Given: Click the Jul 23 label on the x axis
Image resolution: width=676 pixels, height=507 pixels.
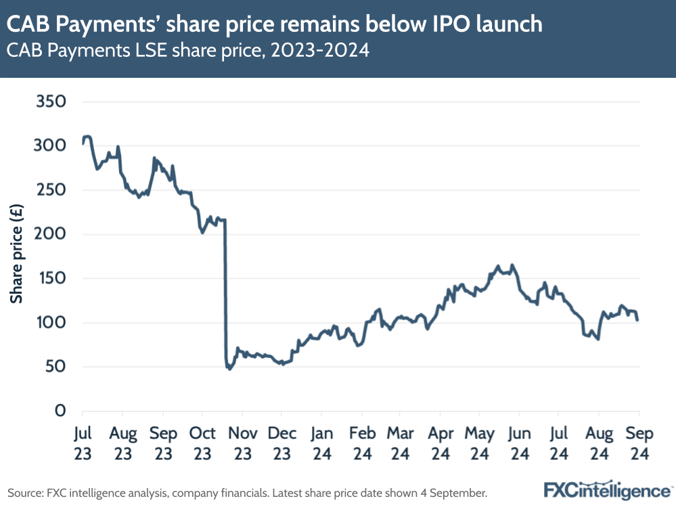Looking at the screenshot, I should click(x=82, y=443).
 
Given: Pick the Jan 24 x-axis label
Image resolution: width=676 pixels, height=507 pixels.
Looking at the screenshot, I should click(x=321, y=443).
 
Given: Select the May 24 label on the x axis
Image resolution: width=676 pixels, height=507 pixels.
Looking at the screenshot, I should click(x=480, y=443).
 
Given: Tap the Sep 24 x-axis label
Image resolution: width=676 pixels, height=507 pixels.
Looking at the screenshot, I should click(x=639, y=443).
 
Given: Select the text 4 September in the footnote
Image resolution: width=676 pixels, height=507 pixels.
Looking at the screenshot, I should click(x=454, y=491).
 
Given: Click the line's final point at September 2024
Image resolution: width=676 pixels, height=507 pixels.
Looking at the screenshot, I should click(x=638, y=320).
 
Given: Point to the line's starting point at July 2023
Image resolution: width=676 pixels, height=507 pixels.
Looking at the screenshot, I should click(x=83, y=144).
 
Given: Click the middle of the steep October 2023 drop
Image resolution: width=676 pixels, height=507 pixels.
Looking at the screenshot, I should click(x=225, y=291).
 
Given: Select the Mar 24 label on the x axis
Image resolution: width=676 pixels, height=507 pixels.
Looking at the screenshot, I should click(x=401, y=443).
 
